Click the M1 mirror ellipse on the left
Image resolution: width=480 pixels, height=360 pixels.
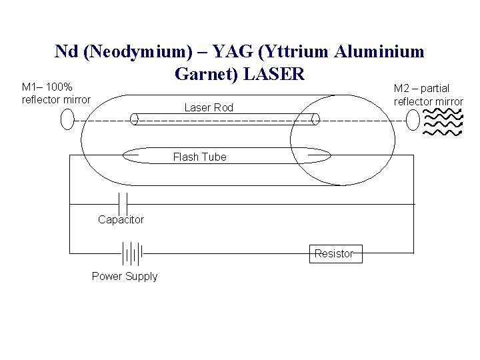[x=67, y=119]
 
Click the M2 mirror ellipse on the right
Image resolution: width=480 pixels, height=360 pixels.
[x=413, y=120]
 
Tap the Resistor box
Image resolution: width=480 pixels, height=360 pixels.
[x=334, y=253]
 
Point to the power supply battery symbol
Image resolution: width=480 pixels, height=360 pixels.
[x=132, y=253]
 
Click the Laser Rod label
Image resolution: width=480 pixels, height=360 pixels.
[x=209, y=107]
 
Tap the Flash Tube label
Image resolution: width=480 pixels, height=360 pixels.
[x=199, y=157]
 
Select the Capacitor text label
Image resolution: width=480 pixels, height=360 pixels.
[x=121, y=219]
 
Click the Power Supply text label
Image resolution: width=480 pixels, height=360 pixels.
[x=125, y=276]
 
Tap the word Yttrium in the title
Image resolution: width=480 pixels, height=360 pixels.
[x=287, y=51]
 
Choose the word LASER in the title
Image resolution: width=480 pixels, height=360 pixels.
[x=275, y=73]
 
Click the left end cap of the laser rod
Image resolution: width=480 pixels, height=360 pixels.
[x=134, y=119]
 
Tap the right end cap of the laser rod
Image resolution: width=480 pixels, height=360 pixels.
[x=316, y=119]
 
